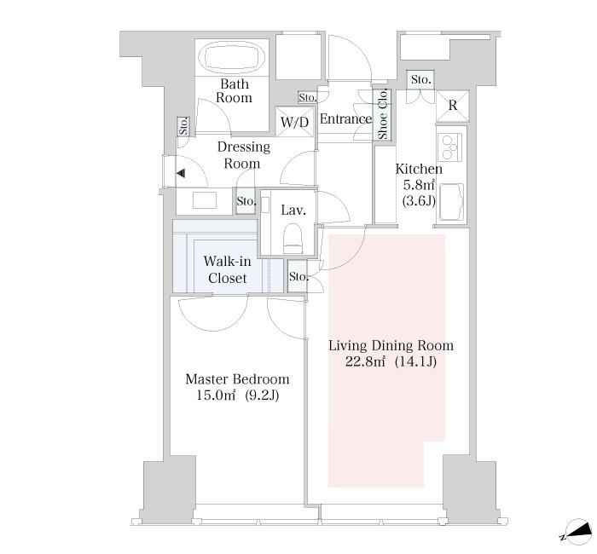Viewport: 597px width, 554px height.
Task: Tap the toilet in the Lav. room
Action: click(293, 239)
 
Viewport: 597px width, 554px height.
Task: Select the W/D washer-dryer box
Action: click(295, 121)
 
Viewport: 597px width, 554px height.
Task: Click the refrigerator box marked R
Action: click(452, 106)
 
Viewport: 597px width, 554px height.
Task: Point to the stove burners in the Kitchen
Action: click(450, 147)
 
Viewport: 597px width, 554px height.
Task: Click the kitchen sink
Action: click(451, 203)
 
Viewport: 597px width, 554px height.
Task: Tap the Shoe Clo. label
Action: click(382, 113)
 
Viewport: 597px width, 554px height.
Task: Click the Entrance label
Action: click(345, 119)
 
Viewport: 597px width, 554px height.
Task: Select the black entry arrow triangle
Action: click(181, 174)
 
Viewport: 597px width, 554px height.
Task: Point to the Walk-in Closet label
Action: click(228, 269)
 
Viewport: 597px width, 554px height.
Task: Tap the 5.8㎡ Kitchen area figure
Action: click(419, 185)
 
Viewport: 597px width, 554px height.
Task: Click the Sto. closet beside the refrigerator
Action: click(420, 80)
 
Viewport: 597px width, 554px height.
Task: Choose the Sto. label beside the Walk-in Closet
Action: click(298, 276)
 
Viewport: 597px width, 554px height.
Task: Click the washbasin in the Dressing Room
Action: click(205, 200)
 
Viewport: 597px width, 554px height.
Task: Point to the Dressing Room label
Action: click(243, 155)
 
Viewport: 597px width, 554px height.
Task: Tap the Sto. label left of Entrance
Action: click(307, 98)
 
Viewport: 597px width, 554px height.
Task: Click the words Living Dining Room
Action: click(391, 345)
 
